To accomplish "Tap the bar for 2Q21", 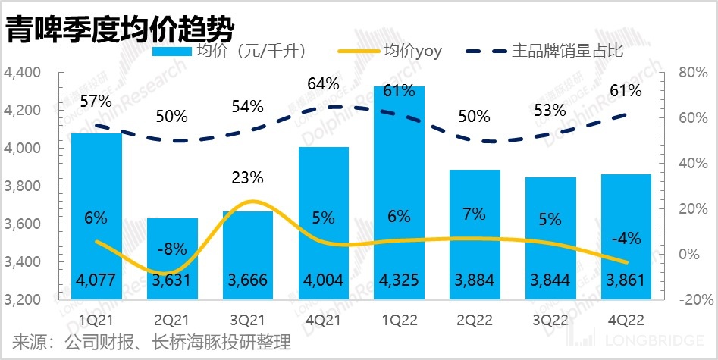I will coord(171,258).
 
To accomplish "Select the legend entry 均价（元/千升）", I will coord(250,52).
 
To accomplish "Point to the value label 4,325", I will coord(399,280).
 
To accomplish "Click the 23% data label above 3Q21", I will coord(247,178).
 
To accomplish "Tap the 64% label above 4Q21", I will coord(323,83).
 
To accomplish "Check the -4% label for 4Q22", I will coord(626,238).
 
